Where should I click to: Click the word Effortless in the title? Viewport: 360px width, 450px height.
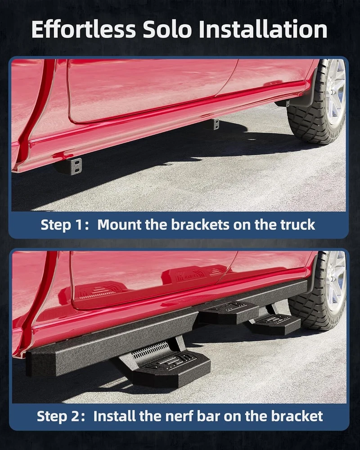pos(84,29)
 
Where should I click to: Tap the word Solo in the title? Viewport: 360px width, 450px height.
pos(167,29)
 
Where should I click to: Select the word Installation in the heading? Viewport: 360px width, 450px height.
pos(263,29)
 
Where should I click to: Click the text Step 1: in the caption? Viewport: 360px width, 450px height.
pos(65,225)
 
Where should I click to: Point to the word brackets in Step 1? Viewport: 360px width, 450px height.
pos(200,225)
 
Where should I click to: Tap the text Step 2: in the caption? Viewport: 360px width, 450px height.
pos(61,416)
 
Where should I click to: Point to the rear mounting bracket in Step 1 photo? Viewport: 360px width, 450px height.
pos(214,124)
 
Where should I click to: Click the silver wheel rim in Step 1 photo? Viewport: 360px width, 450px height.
pos(336,92)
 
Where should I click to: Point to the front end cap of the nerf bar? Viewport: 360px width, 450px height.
pos(40,363)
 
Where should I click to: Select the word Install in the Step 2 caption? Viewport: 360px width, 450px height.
pos(115,416)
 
